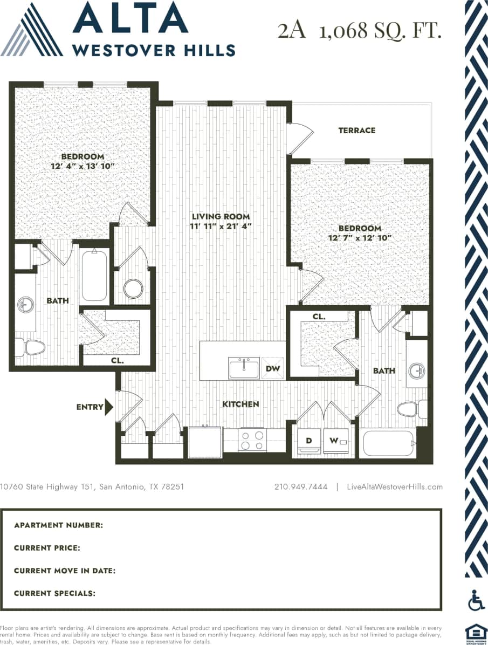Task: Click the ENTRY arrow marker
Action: (x=109, y=407)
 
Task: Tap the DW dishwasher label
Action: (x=273, y=368)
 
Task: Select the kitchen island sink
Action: (x=244, y=368)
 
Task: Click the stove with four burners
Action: (x=252, y=440)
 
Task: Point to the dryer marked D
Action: (x=309, y=441)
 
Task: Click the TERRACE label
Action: (x=357, y=131)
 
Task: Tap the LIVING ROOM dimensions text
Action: (x=221, y=227)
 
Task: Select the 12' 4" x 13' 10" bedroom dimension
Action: (x=83, y=167)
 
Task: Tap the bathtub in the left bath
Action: (x=94, y=275)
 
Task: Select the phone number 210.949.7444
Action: (x=301, y=486)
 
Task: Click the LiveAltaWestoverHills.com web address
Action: (x=395, y=486)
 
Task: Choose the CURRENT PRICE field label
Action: (x=47, y=548)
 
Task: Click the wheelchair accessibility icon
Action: (x=476, y=600)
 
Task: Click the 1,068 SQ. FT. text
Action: (x=380, y=31)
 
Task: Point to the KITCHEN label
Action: (x=241, y=404)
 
